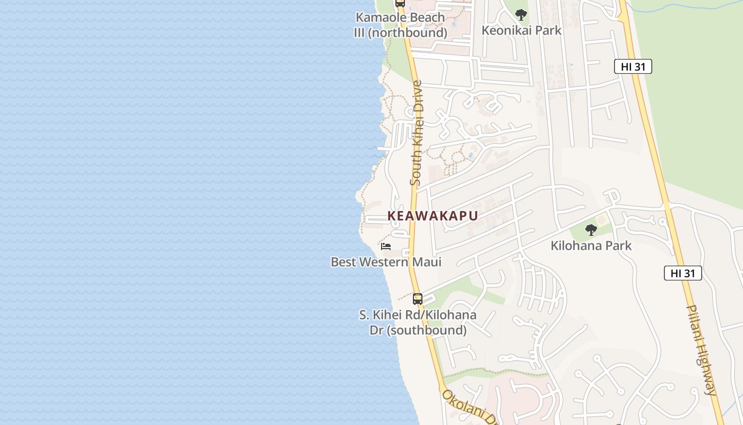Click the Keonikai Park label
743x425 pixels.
click(x=521, y=30)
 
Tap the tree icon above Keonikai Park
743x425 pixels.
click(x=521, y=14)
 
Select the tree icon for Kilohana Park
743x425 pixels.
click(x=591, y=230)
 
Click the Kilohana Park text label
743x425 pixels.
click(x=591, y=245)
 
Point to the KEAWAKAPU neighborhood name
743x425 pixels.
click(x=433, y=216)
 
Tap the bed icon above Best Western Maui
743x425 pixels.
click(x=386, y=246)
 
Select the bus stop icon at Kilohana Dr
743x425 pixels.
click(x=418, y=299)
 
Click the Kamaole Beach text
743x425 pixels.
click(x=400, y=17)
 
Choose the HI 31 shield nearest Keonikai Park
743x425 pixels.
click(x=633, y=66)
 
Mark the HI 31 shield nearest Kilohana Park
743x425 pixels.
click(x=682, y=273)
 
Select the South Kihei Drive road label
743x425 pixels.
click(x=417, y=133)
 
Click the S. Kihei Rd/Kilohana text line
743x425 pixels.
click(x=418, y=315)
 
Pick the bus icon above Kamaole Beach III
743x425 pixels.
click(x=400, y=3)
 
